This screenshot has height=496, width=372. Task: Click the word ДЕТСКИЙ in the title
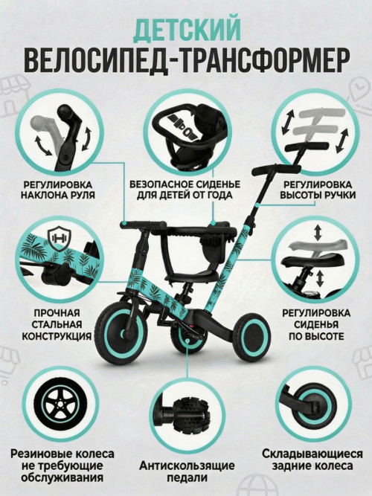click(x=187, y=29)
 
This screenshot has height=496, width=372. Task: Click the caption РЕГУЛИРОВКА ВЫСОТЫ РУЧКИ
click(x=319, y=189)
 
